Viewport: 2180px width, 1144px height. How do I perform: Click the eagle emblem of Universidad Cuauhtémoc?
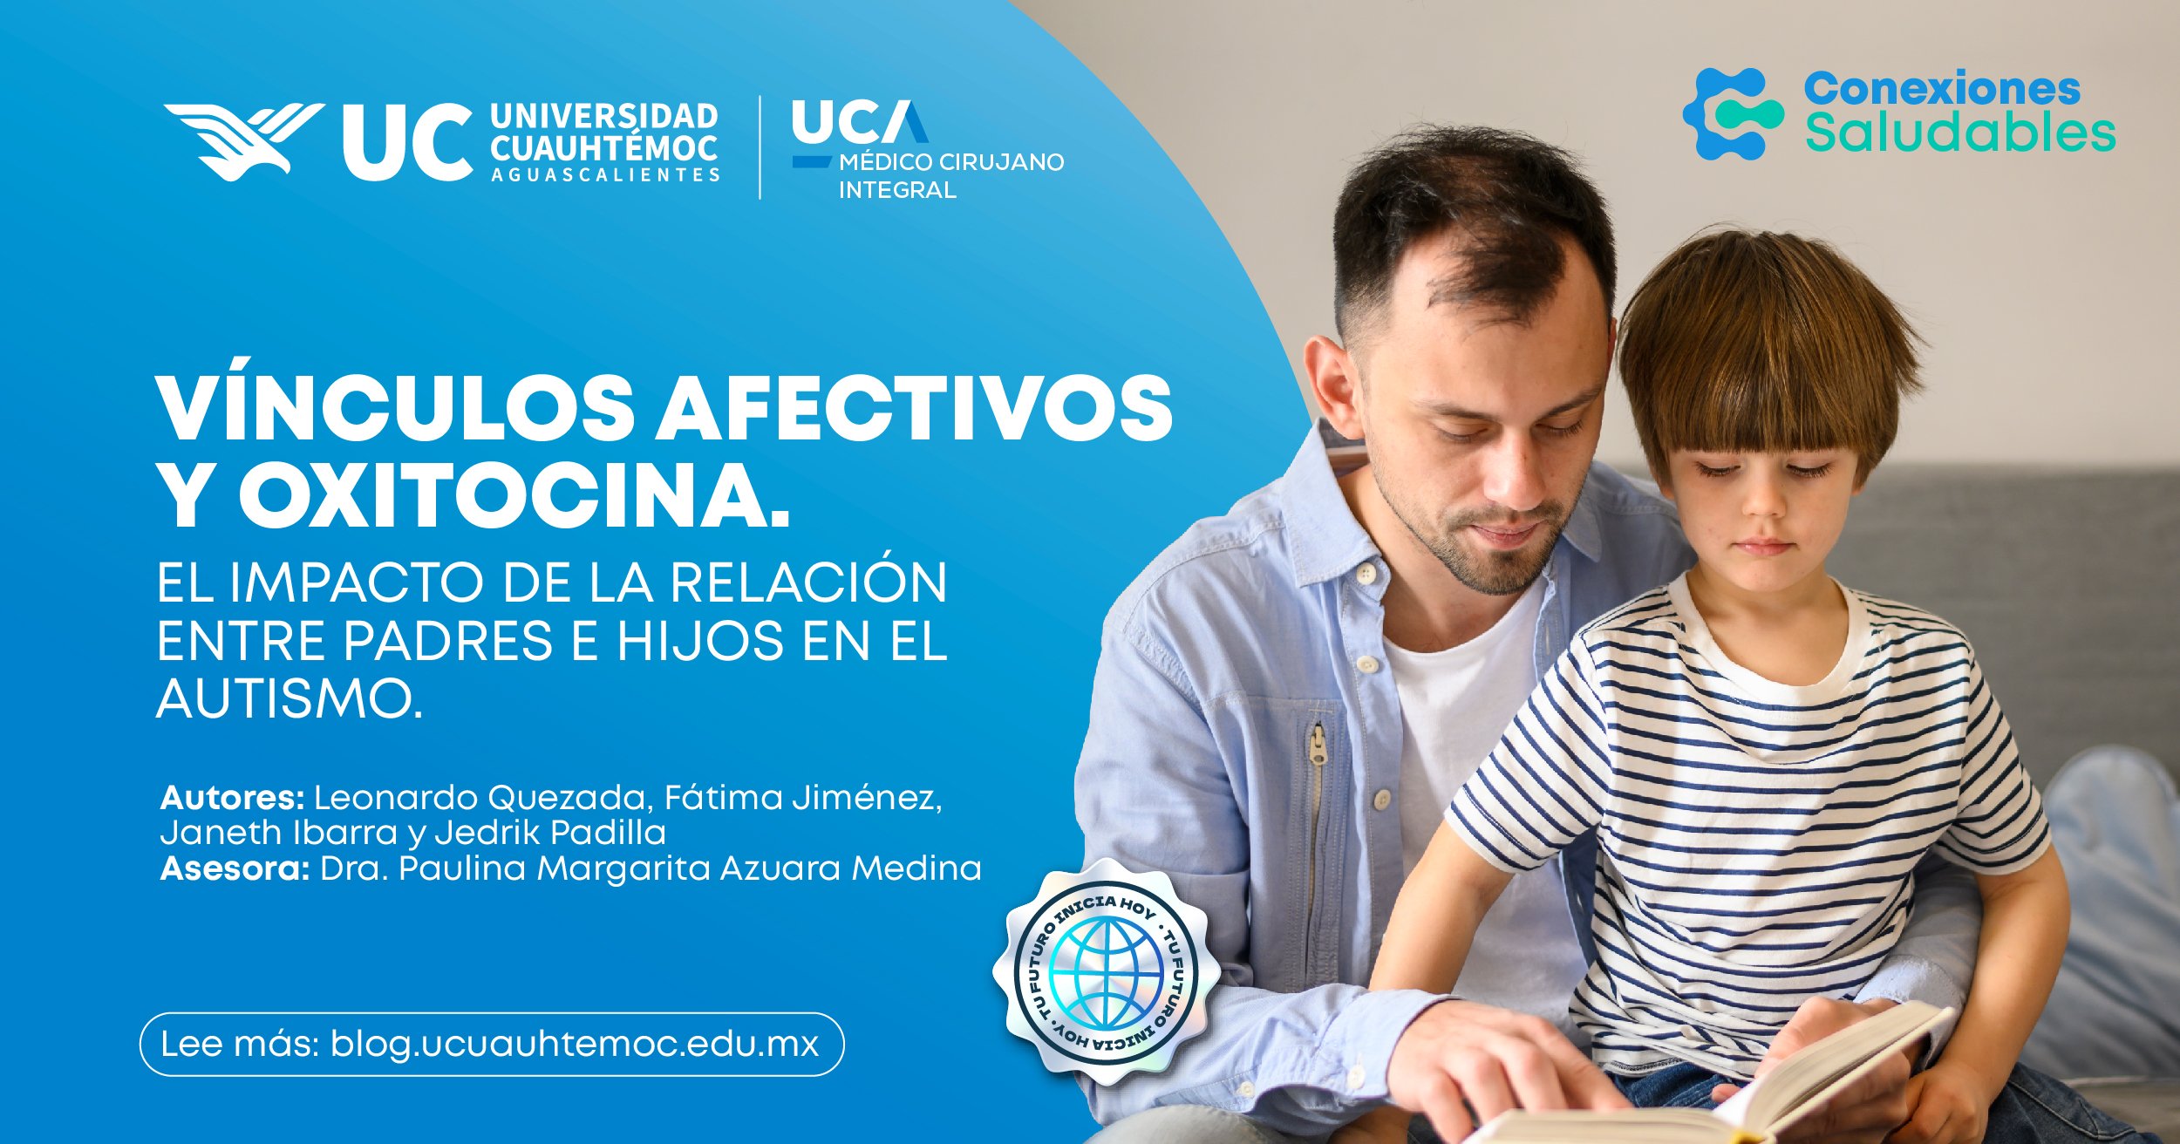click(244, 140)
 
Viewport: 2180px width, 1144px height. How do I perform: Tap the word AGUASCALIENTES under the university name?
click(605, 175)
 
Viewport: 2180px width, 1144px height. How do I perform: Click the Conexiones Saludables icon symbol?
click(1732, 113)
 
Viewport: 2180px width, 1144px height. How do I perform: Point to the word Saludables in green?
click(1959, 133)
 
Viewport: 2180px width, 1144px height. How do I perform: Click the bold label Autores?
click(232, 798)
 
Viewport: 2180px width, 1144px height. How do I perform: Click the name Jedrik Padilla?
click(550, 833)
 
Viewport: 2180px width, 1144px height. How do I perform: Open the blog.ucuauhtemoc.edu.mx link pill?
click(492, 1044)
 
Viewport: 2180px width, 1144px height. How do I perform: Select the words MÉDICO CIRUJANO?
click(951, 162)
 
